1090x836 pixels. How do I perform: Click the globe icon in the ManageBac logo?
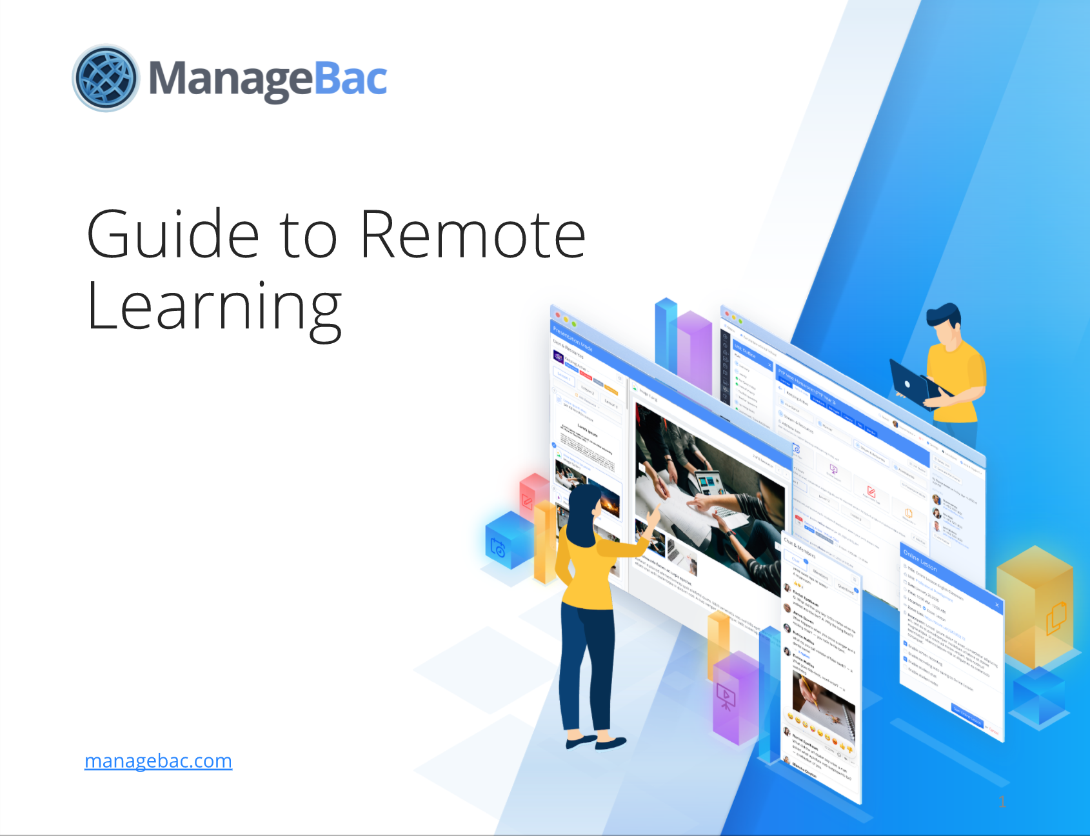[x=106, y=78]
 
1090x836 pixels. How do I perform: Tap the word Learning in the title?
[x=213, y=308]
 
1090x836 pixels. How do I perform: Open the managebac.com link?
[x=158, y=761]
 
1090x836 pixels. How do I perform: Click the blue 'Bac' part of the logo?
[x=351, y=79]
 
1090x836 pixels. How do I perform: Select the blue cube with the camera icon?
[x=506, y=542]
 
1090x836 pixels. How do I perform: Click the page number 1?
[x=1002, y=802]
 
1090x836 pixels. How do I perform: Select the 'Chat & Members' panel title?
[x=800, y=548]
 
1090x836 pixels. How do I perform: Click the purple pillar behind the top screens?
[x=693, y=348]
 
